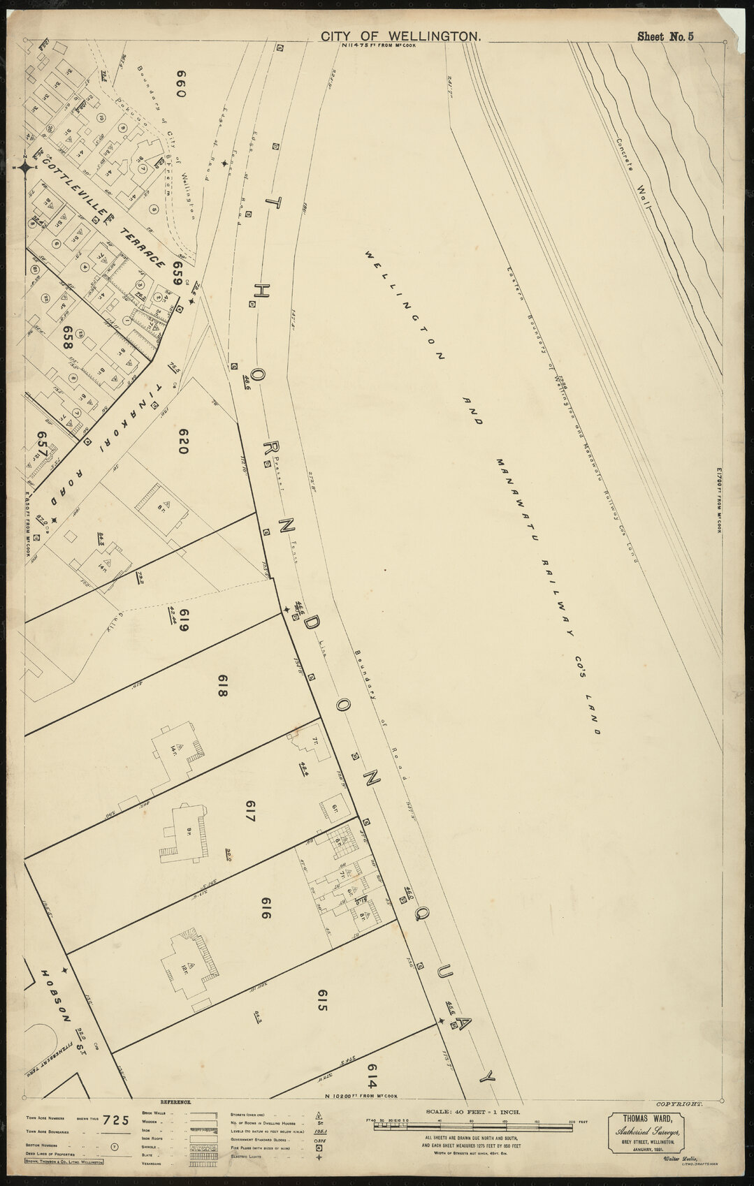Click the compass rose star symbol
(25, 166)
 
